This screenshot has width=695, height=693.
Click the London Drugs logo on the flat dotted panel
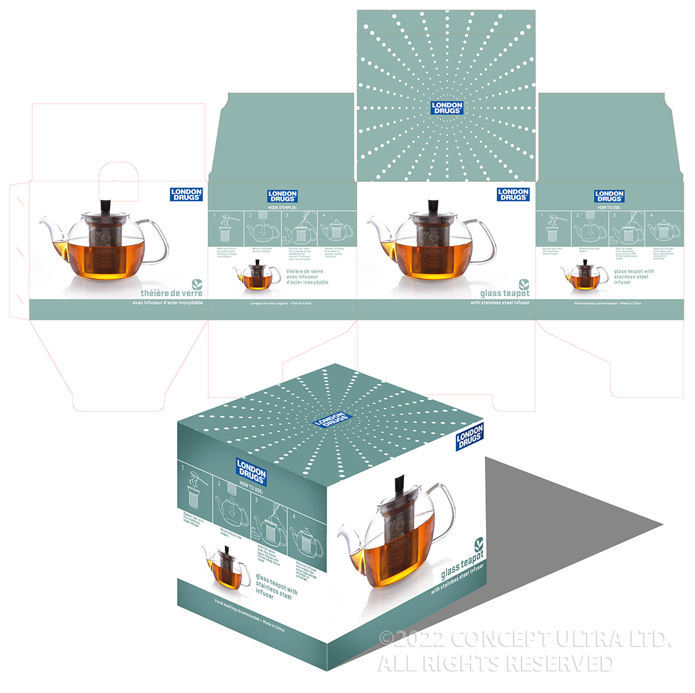[447, 108]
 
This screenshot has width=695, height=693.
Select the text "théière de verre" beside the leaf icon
[171, 293]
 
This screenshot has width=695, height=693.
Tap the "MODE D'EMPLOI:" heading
[282, 208]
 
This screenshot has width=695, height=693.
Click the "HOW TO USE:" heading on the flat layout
[609, 208]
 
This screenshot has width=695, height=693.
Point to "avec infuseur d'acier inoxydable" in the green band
[168, 303]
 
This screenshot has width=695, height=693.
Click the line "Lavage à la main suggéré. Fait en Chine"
[281, 303]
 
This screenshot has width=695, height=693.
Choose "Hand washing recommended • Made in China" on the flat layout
[607, 303]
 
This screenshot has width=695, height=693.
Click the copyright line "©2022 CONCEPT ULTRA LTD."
[524, 639]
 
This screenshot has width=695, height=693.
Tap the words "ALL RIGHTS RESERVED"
[494, 664]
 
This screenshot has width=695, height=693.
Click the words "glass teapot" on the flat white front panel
[504, 293]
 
